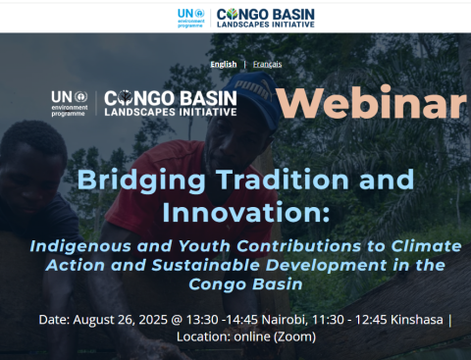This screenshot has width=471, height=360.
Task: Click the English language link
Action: [223, 64]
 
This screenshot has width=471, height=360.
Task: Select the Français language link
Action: [267, 64]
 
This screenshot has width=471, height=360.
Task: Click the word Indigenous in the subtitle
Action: [78, 246]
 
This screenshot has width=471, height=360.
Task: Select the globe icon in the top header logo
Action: [233, 14]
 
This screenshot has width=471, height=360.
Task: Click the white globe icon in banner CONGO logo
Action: [125, 97]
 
